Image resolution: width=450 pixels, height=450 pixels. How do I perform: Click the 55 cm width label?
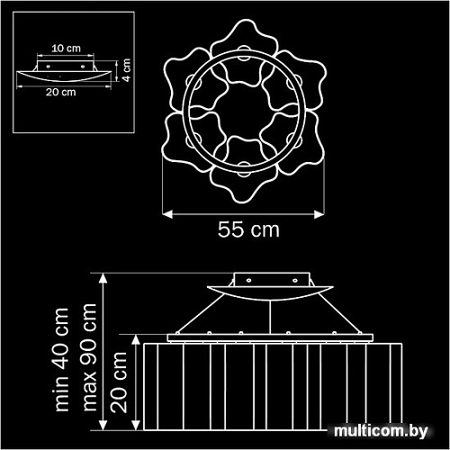[x=248, y=229]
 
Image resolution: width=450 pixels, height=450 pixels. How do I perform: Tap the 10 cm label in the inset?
[x=62, y=45]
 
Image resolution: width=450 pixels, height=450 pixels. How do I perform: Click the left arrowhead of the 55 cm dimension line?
[x=166, y=213]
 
